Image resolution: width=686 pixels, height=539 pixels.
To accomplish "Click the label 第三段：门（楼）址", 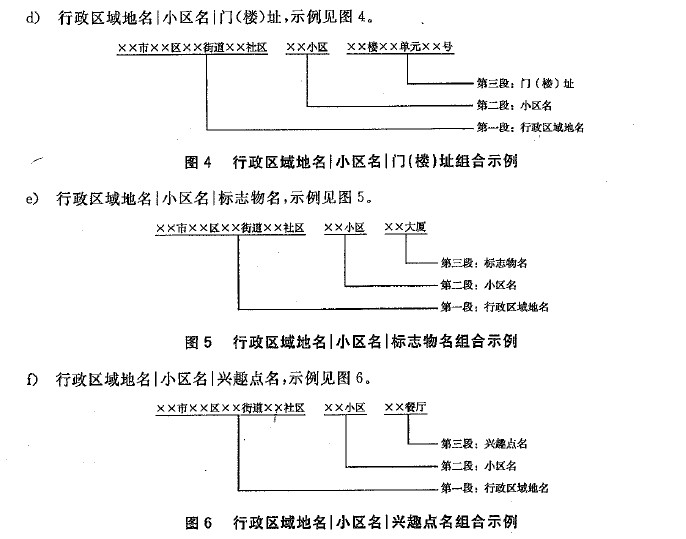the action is pos(525,83).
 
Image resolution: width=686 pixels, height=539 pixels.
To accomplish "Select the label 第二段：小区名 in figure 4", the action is pos(514,105).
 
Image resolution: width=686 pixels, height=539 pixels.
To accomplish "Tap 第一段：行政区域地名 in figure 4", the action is pos(530,127).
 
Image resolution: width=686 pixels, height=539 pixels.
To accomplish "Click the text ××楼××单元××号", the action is pos(400,47).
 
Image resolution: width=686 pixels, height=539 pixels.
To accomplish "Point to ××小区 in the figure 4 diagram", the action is pos(307,47).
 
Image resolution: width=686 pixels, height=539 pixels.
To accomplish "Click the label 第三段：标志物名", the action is pos(484,262).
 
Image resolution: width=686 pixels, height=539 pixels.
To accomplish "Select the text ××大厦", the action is pos(406,227).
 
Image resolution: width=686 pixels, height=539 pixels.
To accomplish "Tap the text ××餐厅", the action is pos(406,407).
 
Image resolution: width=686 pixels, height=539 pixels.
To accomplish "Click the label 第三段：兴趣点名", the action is pos(484,444).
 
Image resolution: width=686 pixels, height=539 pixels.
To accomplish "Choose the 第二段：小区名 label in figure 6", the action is pos(479,466).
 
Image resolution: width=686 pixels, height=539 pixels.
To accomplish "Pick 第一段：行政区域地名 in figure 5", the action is pos(494,307).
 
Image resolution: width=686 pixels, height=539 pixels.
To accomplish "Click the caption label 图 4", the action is pos(198,162).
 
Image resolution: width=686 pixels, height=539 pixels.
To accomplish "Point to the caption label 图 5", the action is pos(198,342).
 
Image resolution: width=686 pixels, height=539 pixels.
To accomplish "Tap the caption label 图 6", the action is pos(198,522).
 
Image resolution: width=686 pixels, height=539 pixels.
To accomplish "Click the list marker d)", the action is pos(32,18).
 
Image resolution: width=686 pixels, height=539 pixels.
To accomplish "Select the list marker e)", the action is pos(32,199).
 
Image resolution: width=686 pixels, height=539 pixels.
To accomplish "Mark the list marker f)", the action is pos(32,379).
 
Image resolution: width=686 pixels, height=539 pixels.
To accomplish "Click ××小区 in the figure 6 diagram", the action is pos(345,408).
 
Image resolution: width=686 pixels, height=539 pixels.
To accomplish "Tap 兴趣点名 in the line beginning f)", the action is pos(248,378).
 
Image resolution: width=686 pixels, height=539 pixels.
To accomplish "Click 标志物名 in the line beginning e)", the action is pos(249,198).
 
